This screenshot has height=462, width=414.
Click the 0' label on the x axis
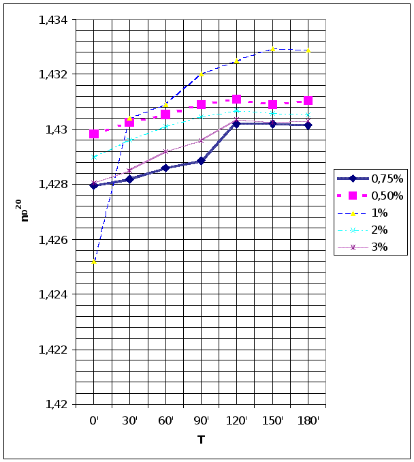tap(94, 421)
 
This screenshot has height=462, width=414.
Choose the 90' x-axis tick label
tap(201, 421)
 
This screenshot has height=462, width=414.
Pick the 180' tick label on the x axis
tap(308, 421)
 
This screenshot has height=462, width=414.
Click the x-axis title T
tap(202, 440)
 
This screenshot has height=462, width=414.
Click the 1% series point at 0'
tap(94, 262)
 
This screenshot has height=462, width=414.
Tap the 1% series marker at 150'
tap(273, 49)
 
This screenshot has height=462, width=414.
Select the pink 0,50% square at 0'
tap(94, 134)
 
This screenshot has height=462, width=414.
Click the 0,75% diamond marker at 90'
tap(201, 161)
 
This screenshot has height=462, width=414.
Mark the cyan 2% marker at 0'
tap(94, 157)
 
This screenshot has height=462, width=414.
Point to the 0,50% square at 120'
tap(237, 99)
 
